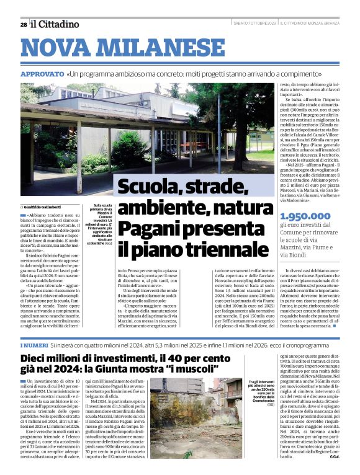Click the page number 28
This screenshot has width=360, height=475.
click(x=23, y=25)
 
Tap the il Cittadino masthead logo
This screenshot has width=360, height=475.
click(x=55, y=24)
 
